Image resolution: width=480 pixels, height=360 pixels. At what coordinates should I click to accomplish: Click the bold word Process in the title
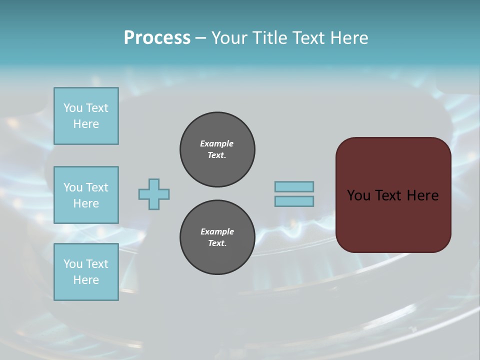pyautogui.click(x=157, y=38)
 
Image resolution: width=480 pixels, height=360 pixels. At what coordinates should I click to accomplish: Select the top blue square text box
pyautogui.click(x=86, y=116)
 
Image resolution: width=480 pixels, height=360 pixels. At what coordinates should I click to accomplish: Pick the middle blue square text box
pyautogui.click(x=86, y=195)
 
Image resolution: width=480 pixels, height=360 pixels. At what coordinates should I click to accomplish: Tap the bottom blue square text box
pyautogui.click(x=86, y=272)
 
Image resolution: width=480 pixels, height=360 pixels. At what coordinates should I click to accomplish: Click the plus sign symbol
pyautogui.click(x=154, y=194)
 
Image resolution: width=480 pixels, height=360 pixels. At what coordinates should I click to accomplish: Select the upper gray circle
pyautogui.click(x=217, y=149)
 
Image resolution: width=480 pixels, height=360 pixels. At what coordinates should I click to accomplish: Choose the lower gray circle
pyautogui.click(x=217, y=237)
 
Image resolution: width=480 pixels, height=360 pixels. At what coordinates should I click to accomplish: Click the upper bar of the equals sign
pyautogui.click(x=294, y=186)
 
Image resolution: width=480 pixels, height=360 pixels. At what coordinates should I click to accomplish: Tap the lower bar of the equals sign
pyautogui.click(x=294, y=201)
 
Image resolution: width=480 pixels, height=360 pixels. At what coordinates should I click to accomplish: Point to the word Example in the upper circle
pyautogui.click(x=217, y=143)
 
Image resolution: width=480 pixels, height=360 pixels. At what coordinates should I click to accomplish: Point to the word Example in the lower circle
pyautogui.click(x=217, y=231)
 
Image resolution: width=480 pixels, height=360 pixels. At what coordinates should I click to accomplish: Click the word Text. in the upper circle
pyautogui.click(x=217, y=155)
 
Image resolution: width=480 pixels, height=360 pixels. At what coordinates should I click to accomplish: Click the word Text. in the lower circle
pyautogui.click(x=217, y=243)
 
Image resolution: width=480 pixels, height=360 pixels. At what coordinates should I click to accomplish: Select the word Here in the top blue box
pyautogui.click(x=86, y=124)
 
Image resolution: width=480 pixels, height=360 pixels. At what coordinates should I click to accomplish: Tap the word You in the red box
pyautogui.click(x=358, y=195)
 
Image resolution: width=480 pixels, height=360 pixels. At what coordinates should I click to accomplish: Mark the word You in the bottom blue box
pyautogui.click(x=73, y=263)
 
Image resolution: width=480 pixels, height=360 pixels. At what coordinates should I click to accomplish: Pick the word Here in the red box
pyautogui.click(x=422, y=195)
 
